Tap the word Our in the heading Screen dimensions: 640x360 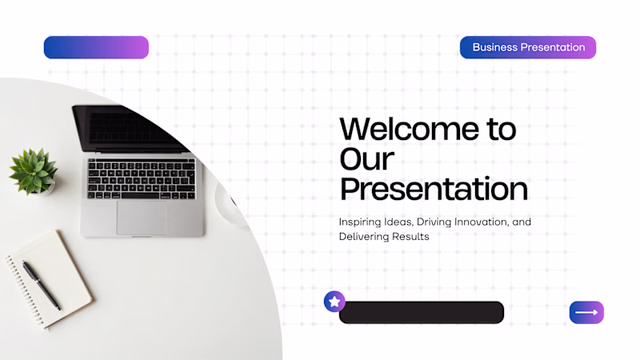pyautogui.click(x=366, y=158)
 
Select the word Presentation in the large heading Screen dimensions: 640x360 pyautogui.click(x=434, y=189)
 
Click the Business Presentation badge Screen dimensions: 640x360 pyautogui.click(x=528, y=47)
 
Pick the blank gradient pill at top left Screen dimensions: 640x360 pyautogui.click(x=96, y=47)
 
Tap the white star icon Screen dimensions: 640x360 pyautogui.click(x=334, y=302)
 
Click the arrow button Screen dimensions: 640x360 pyautogui.click(x=586, y=313)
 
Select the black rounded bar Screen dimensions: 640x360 pyautogui.click(x=422, y=313)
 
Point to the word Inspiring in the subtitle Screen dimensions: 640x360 pyautogui.click(x=360, y=222)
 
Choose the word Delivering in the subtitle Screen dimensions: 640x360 pyautogui.click(x=364, y=237)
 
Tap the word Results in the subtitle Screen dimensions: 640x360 pyautogui.click(x=410, y=237)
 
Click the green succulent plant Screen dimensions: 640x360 pyautogui.click(x=34, y=170)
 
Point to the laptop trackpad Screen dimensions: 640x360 pyautogui.click(x=142, y=218)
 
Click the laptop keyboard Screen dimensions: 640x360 pyautogui.click(x=142, y=178)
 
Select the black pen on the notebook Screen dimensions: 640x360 pyautogui.click(x=42, y=285)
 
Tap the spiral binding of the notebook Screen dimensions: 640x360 pyautogui.click(x=25, y=290)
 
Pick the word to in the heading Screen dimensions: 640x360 pyautogui.click(x=502, y=130)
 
